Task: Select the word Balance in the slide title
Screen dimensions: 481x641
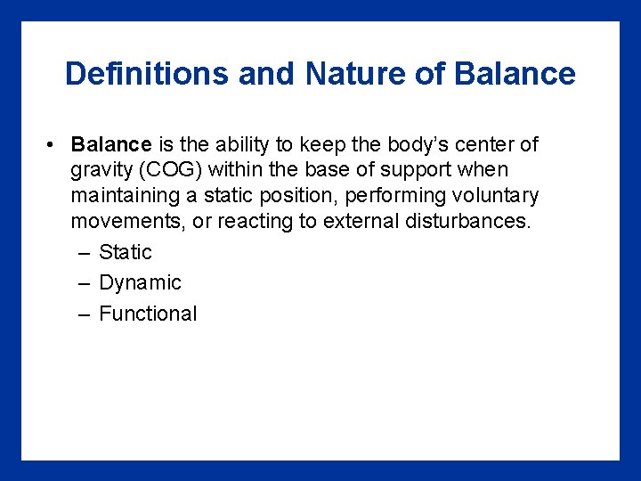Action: [515, 73]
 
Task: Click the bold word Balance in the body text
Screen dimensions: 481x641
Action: [111, 144]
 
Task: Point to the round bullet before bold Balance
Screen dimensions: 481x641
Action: [54, 144]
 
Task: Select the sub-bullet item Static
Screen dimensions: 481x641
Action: [126, 252]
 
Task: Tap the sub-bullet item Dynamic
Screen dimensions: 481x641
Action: [140, 283]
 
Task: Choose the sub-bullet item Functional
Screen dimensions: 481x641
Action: [148, 314]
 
